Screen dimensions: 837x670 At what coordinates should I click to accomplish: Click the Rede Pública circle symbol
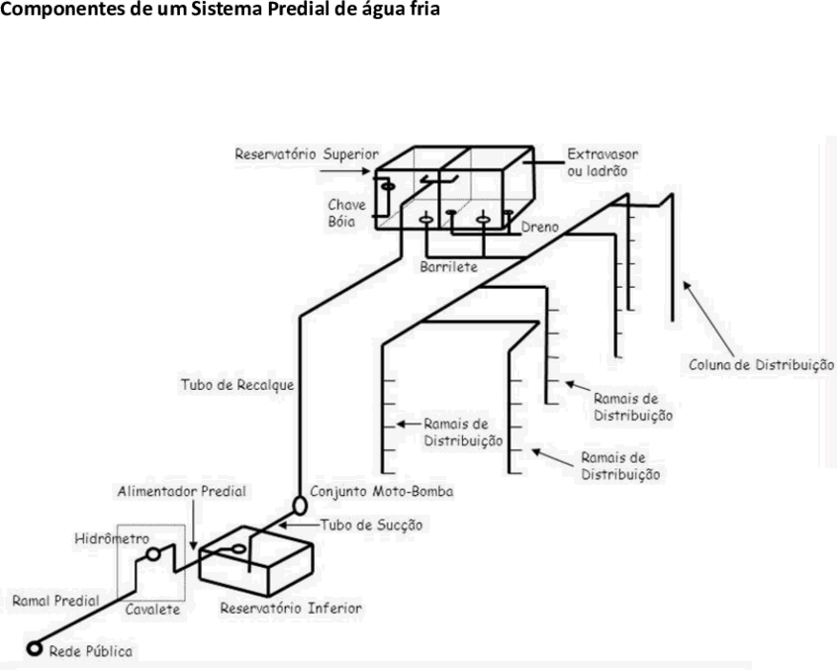pyautogui.click(x=35, y=648)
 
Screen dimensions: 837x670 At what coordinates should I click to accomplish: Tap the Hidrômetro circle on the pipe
pyautogui.click(x=153, y=554)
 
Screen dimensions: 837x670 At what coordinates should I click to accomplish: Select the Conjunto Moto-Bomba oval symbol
pyautogui.click(x=300, y=505)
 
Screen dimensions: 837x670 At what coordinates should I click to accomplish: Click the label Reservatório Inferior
pyautogui.click(x=291, y=608)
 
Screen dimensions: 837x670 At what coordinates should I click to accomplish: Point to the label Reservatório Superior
pyautogui.click(x=307, y=154)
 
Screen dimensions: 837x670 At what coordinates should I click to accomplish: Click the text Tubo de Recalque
pyautogui.click(x=237, y=385)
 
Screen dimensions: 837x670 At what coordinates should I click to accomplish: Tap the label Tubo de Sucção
pyautogui.click(x=372, y=526)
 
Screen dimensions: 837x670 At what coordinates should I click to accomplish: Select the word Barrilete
pyautogui.click(x=448, y=267)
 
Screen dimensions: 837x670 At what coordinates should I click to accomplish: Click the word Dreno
pyautogui.click(x=539, y=227)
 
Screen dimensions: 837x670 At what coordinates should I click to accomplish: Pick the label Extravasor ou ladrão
pyautogui.click(x=603, y=163)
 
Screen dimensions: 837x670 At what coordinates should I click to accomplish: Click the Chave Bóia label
pyautogui.click(x=347, y=213)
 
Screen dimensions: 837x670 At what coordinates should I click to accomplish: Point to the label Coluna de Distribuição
pyautogui.click(x=761, y=365)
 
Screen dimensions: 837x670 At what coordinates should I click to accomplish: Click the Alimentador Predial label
pyautogui.click(x=182, y=491)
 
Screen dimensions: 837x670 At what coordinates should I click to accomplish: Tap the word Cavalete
pyautogui.click(x=152, y=610)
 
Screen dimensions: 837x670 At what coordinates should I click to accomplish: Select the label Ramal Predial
pyautogui.click(x=56, y=601)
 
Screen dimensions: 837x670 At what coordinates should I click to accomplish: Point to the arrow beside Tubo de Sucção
pyautogui.click(x=300, y=526)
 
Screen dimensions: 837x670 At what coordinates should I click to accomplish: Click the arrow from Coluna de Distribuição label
pyautogui.click(x=709, y=319)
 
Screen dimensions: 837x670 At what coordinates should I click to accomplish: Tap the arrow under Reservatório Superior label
pyautogui.click(x=345, y=171)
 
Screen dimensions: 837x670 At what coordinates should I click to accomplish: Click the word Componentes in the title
pyautogui.click(x=62, y=10)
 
